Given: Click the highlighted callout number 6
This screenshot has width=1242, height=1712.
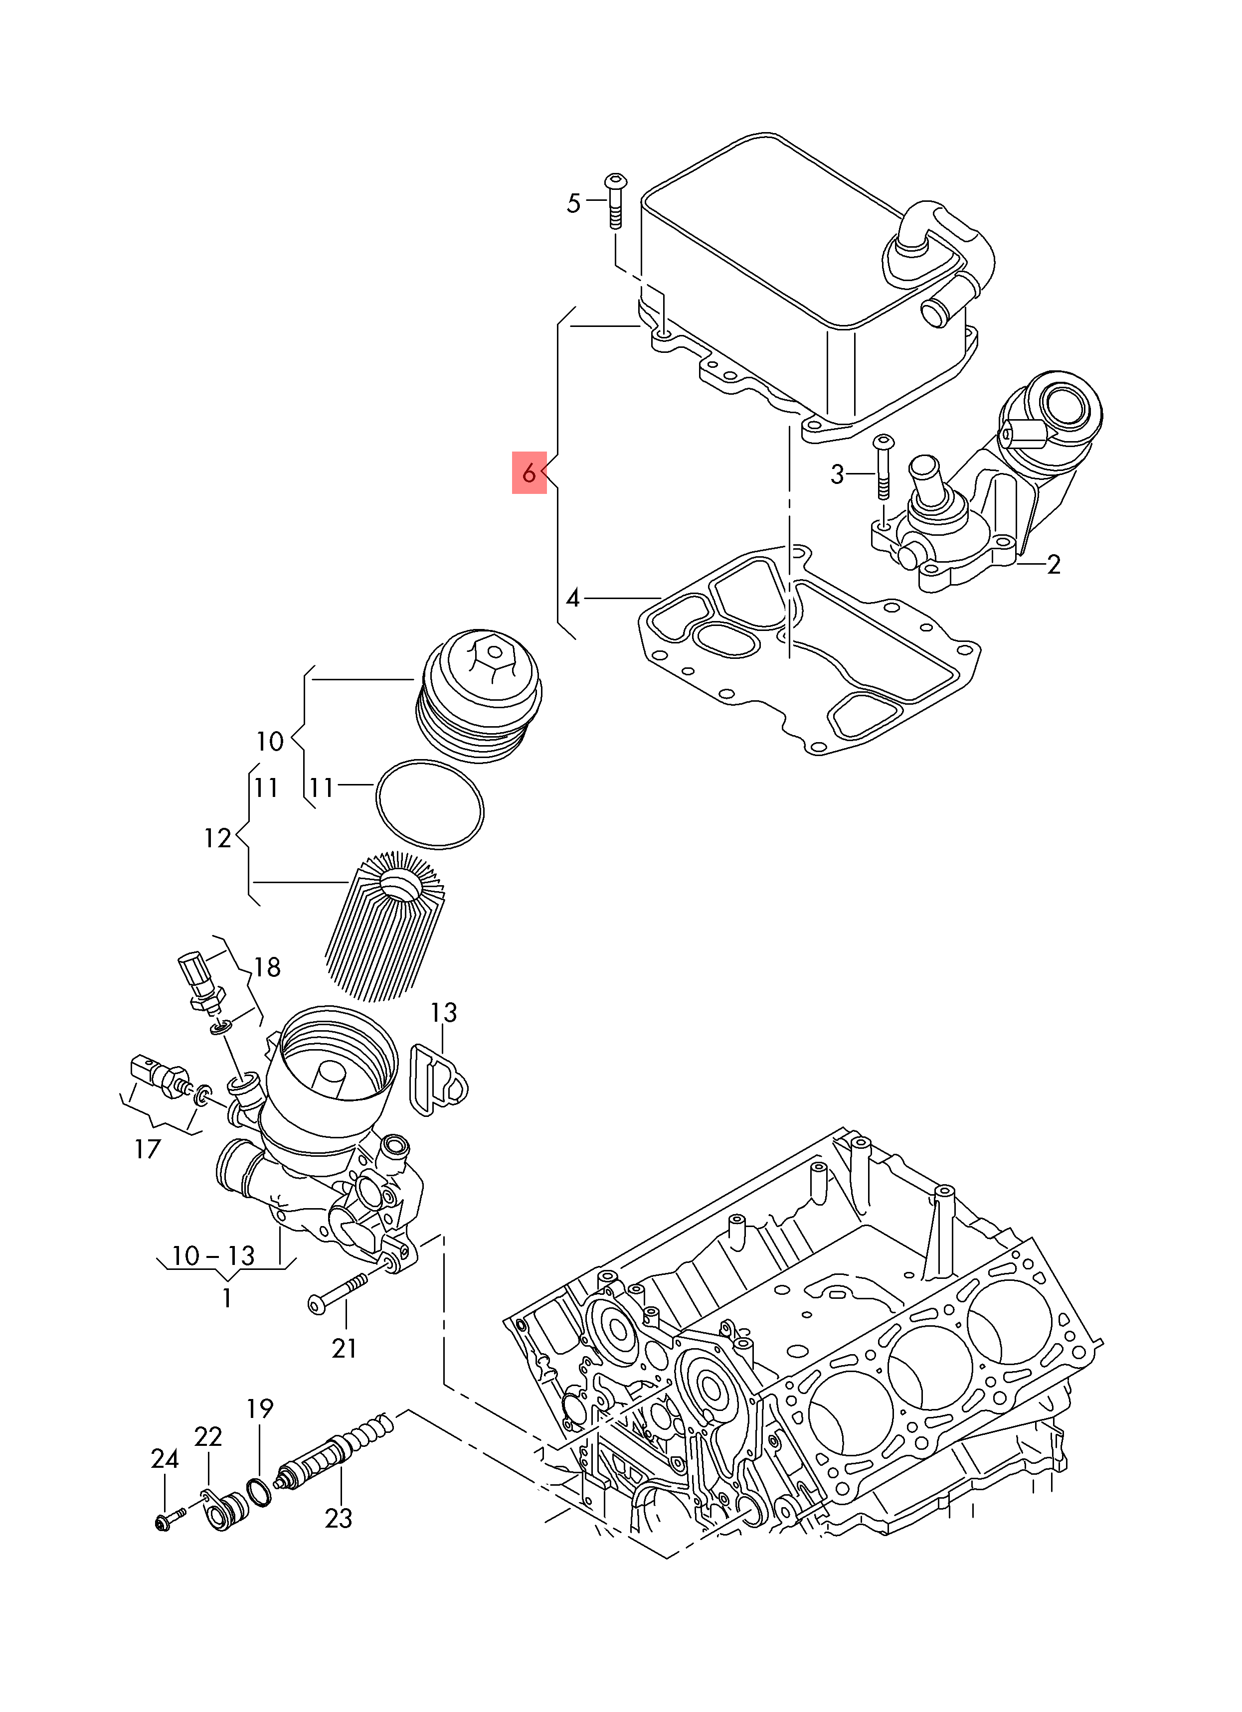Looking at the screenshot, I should [x=529, y=473].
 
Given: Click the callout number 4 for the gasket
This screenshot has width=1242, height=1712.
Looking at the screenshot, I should [x=573, y=599].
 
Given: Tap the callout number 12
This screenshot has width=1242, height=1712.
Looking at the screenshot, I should [x=217, y=838].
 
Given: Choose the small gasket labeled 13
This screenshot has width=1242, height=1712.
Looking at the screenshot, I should [x=437, y=1080].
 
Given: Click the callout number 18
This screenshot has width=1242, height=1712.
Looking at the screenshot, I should [x=267, y=967].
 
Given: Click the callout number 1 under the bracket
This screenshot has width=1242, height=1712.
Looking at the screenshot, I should [x=226, y=1298].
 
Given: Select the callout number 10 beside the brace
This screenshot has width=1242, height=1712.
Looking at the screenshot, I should [x=270, y=741].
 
